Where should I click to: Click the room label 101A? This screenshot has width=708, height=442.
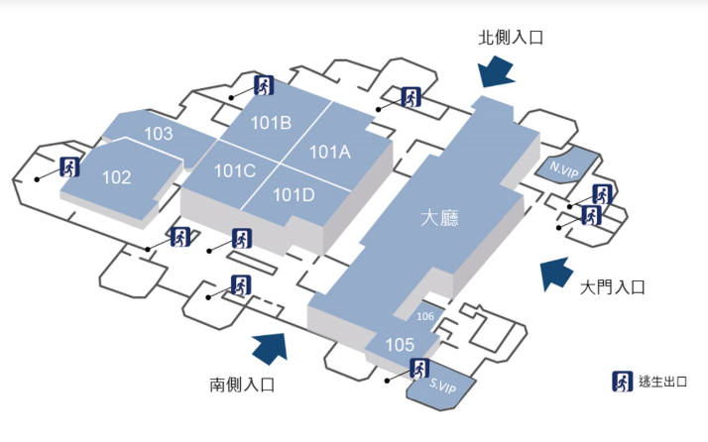(x=330, y=152)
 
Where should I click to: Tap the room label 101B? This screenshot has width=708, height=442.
(x=271, y=124)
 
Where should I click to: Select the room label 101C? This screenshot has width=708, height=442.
(x=235, y=170)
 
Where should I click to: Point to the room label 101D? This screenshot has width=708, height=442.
(x=293, y=194)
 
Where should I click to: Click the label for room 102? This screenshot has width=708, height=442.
(x=116, y=177)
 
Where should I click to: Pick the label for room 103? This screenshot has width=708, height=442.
(x=159, y=134)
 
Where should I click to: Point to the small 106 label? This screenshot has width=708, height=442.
(x=425, y=317)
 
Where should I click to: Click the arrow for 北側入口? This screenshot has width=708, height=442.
(x=495, y=70)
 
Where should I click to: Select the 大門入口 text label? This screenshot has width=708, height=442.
(x=612, y=287)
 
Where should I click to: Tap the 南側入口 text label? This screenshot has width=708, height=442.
(x=241, y=383)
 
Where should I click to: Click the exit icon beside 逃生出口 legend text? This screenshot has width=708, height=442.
(x=622, y=382)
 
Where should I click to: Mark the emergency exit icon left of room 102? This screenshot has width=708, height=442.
(x=69, y=166)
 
